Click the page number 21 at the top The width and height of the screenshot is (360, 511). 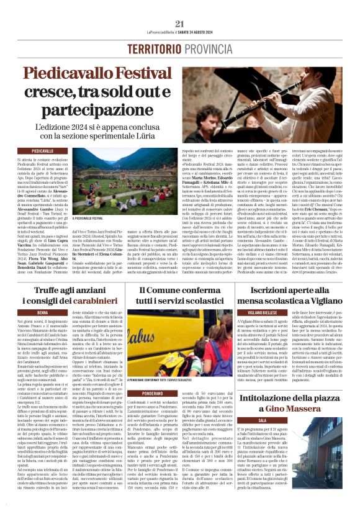[180, 23]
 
